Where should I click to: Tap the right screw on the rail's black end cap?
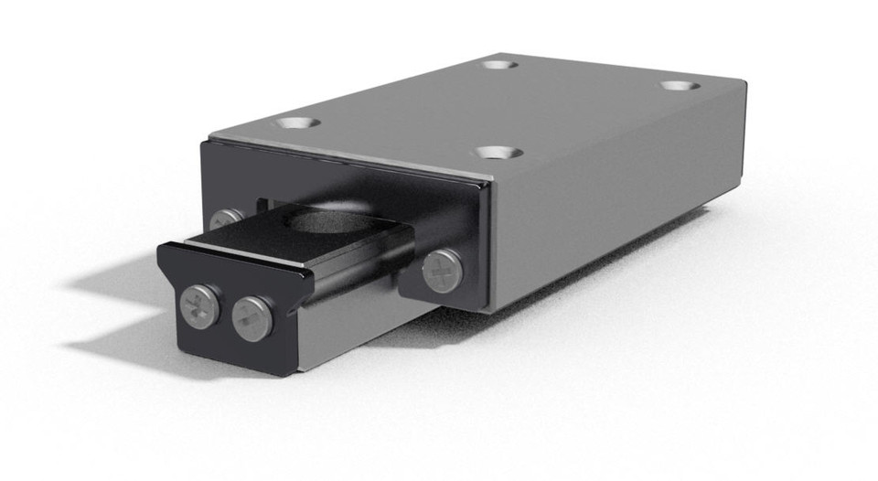252,317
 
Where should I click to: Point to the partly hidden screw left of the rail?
224,219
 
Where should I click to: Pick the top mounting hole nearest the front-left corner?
298,122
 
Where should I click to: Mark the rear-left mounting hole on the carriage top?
498,64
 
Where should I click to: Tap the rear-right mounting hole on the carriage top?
680,85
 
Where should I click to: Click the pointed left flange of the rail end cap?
165,251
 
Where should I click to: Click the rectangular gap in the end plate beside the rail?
265,203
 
